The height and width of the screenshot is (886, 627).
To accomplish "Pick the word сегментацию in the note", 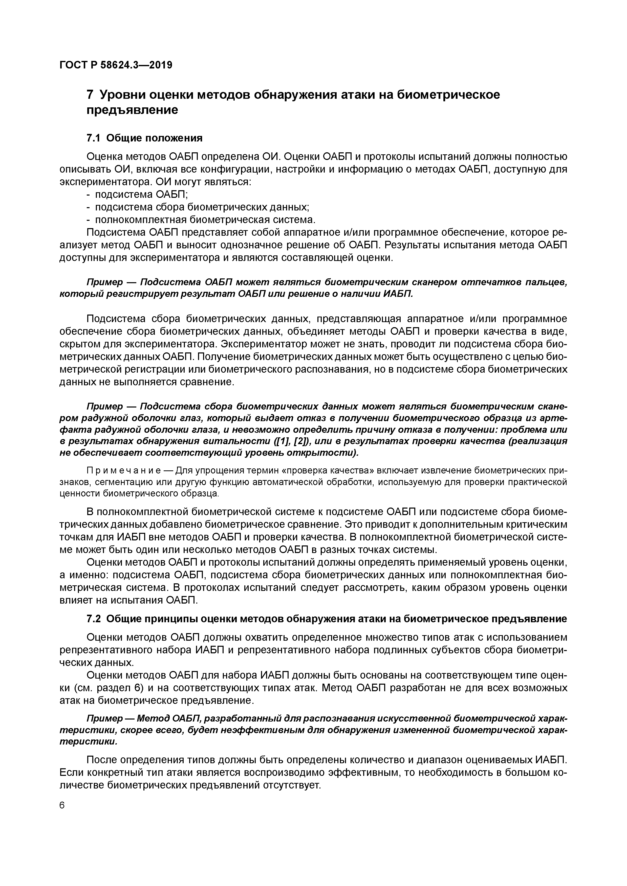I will point(129,482).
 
